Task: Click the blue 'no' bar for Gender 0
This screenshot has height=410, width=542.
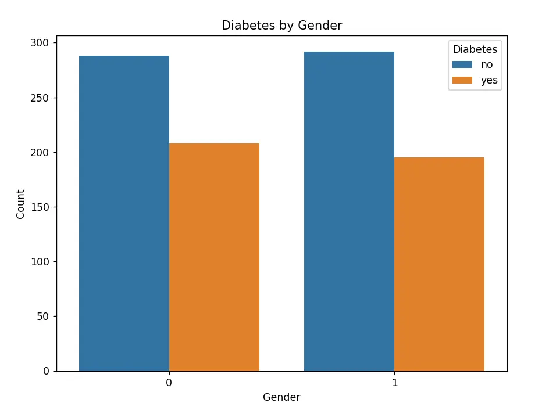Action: [x=124, y=213]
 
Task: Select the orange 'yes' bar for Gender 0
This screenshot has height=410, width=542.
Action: [x=214, y=257]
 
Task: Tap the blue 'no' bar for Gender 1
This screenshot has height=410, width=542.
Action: [x=349, y=211]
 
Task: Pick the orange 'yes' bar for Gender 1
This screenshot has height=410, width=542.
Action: [x=439, y=264]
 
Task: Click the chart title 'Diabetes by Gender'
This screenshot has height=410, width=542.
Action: [x=281, y=26]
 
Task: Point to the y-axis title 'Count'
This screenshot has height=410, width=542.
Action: [x=21, y=204]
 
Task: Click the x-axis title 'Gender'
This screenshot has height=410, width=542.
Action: [x=281, y=397]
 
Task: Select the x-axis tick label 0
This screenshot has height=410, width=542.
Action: [x=169, y=384]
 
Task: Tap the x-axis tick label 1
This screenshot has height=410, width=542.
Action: [x=394, y=384]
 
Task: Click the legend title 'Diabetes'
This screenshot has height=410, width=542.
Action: [x=475, y=50]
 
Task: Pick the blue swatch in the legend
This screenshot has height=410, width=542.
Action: [x=461, y=65]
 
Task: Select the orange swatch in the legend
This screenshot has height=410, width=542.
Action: [x=461, y=81]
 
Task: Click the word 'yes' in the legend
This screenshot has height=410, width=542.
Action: [x=489, y=81]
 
